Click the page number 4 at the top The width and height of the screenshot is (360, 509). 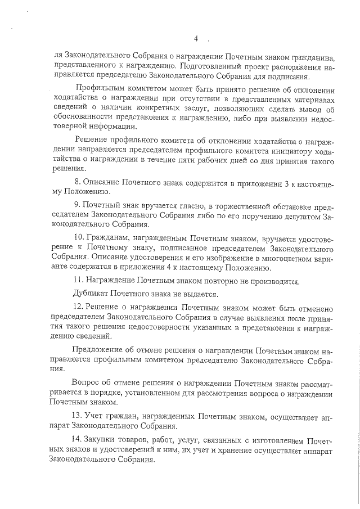196,39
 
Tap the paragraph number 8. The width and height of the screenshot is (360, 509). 78,182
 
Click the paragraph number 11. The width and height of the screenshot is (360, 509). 79,280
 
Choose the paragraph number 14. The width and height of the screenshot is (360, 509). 79,439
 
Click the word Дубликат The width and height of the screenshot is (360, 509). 92,294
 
